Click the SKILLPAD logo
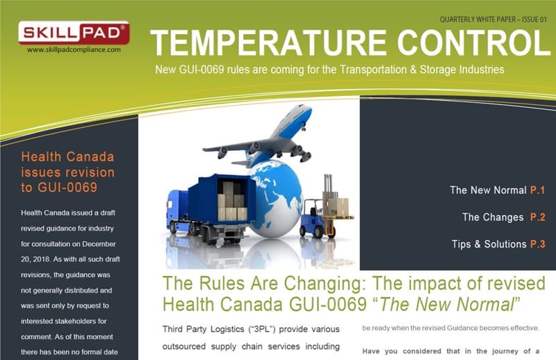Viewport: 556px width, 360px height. [73, 33]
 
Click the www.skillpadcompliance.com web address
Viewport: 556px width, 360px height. [74, 50]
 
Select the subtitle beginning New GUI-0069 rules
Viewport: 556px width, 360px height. [329, 70]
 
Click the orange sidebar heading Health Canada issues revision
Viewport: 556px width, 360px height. [68, 172]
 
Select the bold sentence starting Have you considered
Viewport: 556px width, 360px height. [451, 351]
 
